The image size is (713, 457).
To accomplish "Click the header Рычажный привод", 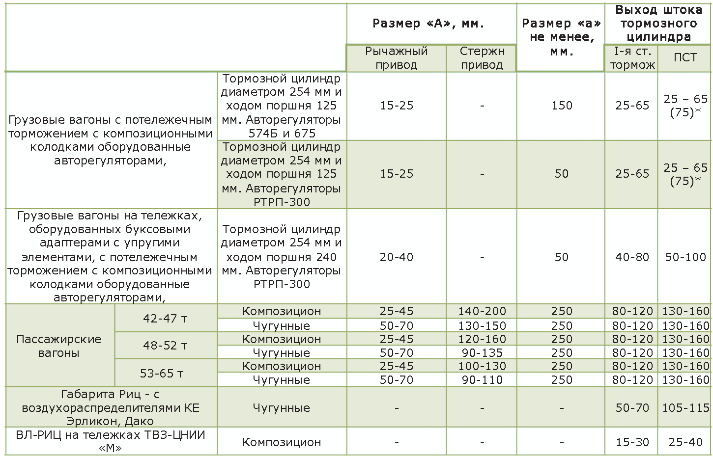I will (x=396, y=58).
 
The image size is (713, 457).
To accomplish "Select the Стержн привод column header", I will (x=482, y=58).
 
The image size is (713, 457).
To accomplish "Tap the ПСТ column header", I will (x=685, y=57).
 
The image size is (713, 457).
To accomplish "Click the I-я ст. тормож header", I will (x=632, y=58).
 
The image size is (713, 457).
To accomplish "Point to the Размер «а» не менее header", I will (x=561, y=37).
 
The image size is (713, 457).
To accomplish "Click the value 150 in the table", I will (x=562, y=106).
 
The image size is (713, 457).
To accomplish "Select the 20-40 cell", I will (x=396, y=257).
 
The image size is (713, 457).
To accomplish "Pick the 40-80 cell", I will (x=632, y=257).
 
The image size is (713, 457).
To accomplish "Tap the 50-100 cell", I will (x=685, y=257).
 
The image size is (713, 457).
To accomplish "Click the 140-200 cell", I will (x=482, y=311).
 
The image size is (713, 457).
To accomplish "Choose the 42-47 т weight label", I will (x=165, y=318).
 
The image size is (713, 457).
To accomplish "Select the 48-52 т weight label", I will (x=165, y=346).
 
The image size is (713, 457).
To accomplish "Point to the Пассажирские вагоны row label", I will (x=59, y=346).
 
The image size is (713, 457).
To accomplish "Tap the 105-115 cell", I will (x=685, y=408).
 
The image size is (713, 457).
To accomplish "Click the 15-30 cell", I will (x=632, y=442).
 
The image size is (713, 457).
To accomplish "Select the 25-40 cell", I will (x=685, y=442).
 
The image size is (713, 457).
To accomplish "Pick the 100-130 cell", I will (x=482, y=366).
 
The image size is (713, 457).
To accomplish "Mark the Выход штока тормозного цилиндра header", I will (x=658, y=23).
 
